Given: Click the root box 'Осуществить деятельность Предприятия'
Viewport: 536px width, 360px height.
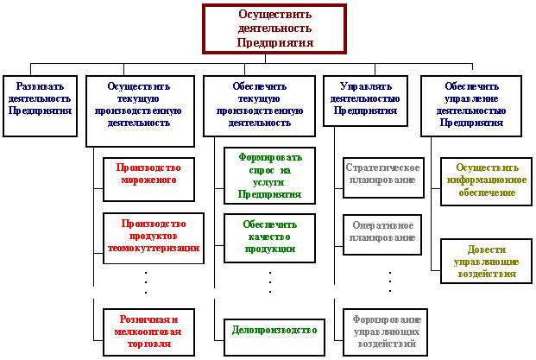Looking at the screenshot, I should point(274,28).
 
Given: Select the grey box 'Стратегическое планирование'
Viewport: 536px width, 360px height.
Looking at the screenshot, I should point(382,174).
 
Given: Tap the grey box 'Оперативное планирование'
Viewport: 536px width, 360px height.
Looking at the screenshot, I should point(383,231).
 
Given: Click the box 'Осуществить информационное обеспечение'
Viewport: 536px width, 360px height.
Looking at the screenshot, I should point(486,180).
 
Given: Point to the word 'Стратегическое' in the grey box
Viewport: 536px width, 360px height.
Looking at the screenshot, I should point(382,167).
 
